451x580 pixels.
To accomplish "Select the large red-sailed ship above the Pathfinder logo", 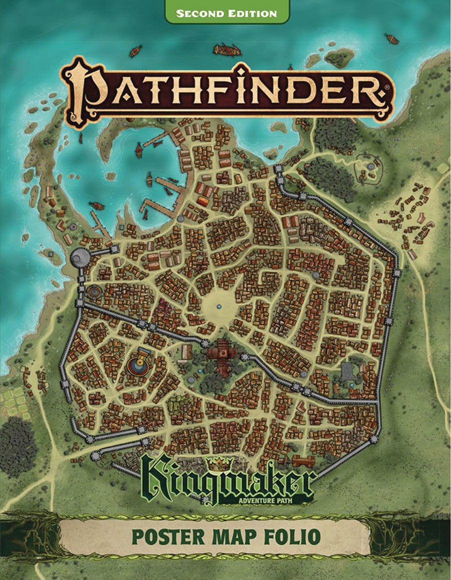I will pos(227,49).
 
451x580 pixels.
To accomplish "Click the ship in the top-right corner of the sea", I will pos(391,39).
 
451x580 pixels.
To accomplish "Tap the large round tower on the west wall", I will pos(80,258).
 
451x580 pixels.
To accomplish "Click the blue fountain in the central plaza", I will pos(219,306).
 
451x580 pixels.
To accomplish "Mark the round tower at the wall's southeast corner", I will pos(374,439).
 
